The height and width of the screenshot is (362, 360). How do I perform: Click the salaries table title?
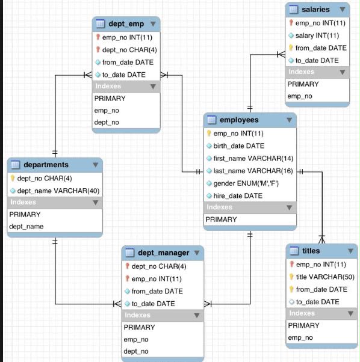click(315, 10)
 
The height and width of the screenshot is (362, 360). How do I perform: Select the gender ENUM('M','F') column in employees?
click(246, 183)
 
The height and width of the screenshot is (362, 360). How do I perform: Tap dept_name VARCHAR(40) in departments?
click(58, 191)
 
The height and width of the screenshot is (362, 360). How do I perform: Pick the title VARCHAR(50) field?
click(325, 277)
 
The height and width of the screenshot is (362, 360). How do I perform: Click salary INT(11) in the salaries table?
click(317, 35)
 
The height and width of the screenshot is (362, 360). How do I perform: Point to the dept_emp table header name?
click(126, 24)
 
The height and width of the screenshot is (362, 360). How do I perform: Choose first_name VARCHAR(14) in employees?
click(253, 158)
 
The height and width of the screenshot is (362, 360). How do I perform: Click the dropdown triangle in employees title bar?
click(290, 120)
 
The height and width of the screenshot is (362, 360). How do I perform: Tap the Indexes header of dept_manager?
click(137, 315)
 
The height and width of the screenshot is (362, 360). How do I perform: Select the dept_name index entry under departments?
click(26, 227)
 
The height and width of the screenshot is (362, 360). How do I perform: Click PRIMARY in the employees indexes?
click(221, 219)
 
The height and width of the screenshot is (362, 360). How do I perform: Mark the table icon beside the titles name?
click(294, 251)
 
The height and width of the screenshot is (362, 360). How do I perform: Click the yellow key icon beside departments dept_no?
click(13, 178)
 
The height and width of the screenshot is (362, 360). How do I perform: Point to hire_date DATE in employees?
click(238, 196)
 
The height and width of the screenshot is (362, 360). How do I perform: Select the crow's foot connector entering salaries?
click(281, 55)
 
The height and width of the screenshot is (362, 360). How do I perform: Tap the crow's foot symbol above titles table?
click(321, 240)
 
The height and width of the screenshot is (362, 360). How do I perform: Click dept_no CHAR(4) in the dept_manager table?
click(159, 266)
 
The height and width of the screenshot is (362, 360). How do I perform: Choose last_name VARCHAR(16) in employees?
click(253, 171)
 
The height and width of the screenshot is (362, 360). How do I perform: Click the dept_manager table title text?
click(164, 253)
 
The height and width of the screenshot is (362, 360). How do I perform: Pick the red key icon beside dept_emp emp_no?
click(98, 37)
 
